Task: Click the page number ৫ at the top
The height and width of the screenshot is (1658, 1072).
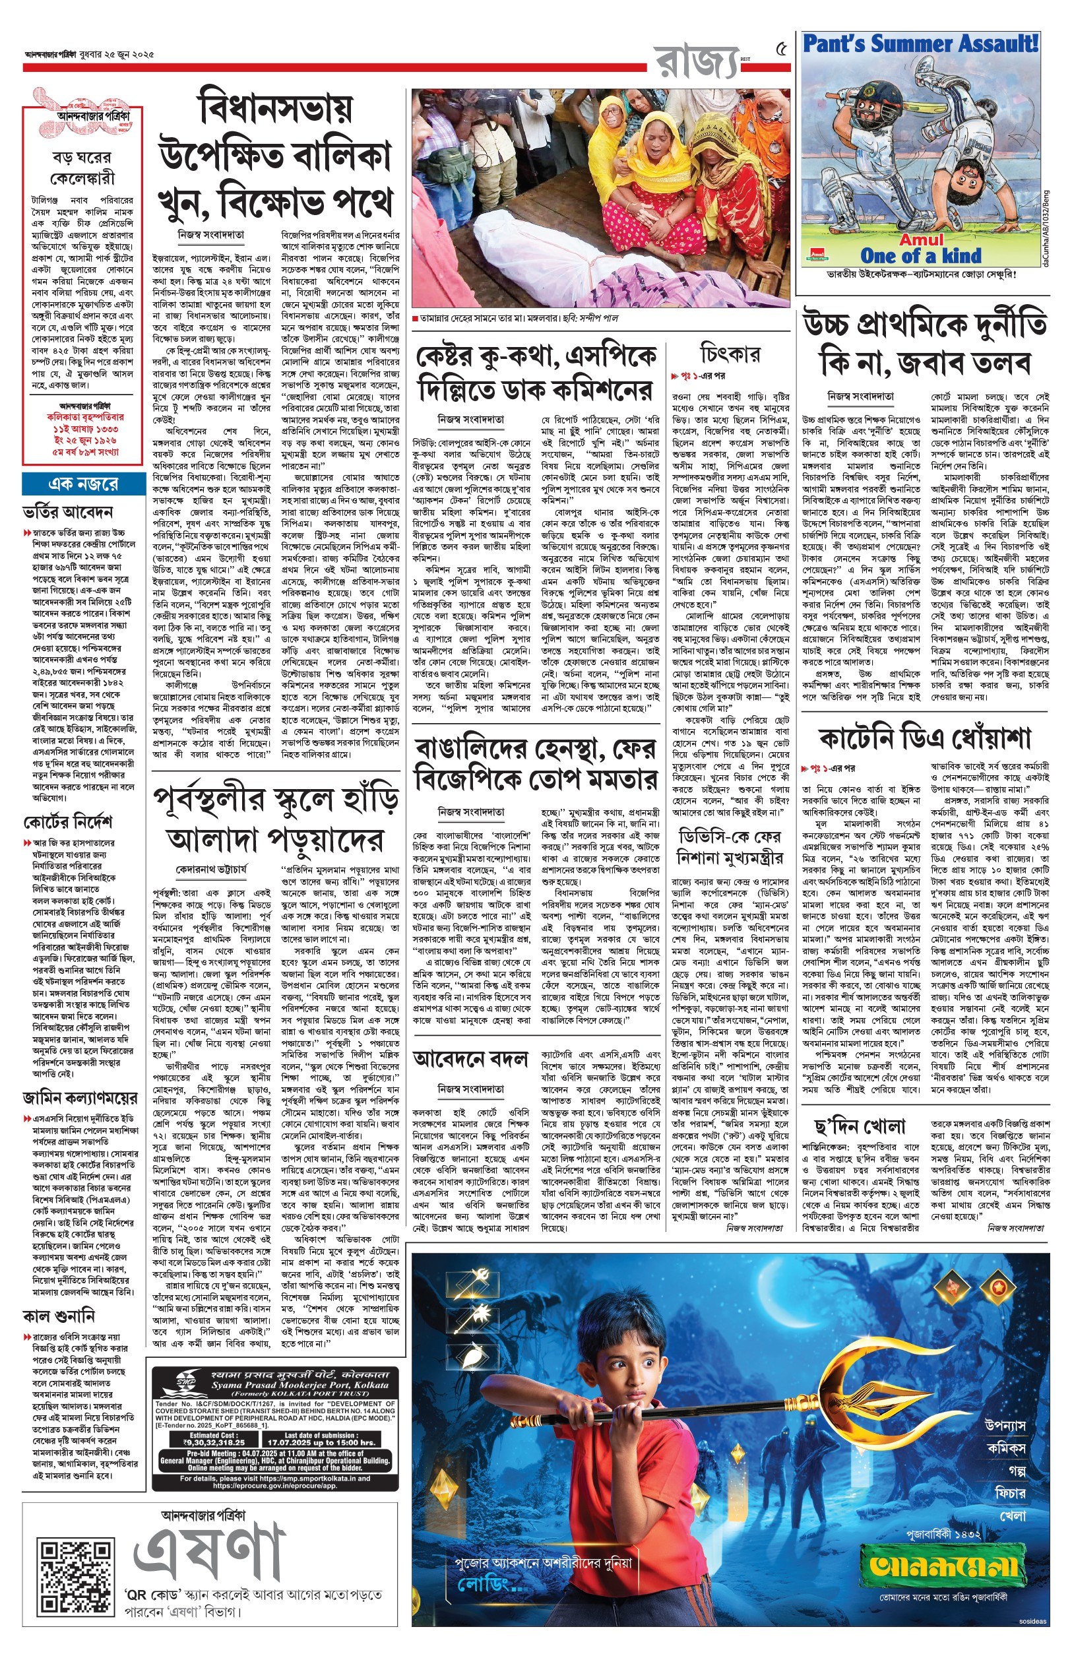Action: [x=782, y=50]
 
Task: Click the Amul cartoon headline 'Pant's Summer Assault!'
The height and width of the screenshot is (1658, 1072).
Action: [x=920, y=44]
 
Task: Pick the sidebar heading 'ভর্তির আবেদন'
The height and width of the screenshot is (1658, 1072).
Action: [x=67, y=513]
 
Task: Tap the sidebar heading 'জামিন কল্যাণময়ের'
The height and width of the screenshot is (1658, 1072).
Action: [x=80, y=1099]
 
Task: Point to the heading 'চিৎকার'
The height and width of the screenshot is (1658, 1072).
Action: [x=730, y=355]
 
